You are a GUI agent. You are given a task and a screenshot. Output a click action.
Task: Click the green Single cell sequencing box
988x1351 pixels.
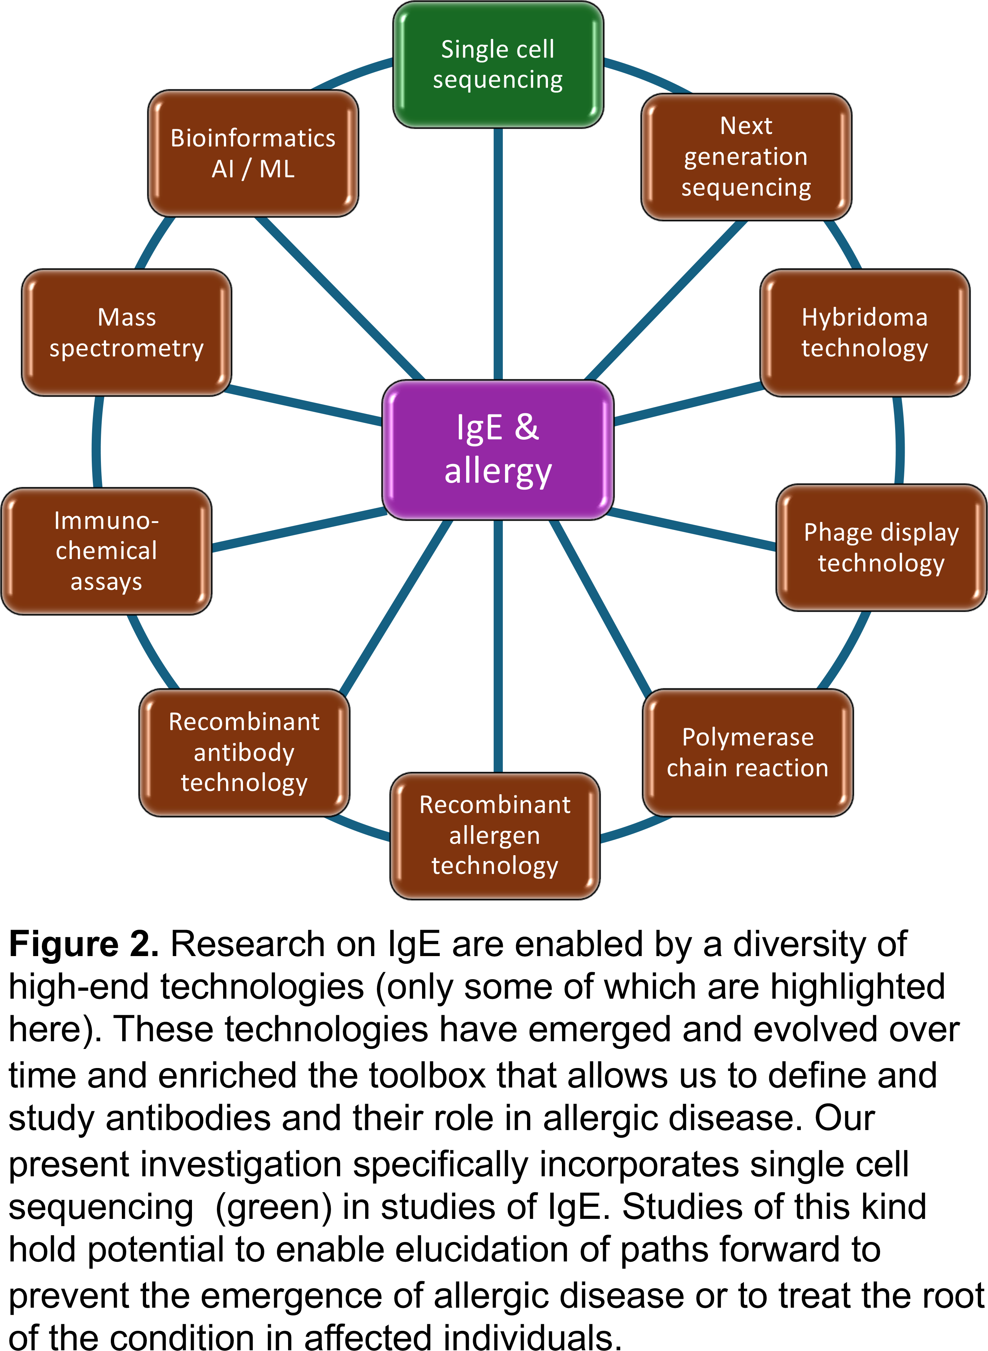(498, 65)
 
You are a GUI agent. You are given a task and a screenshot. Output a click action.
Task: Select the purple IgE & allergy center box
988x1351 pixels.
(498, 450)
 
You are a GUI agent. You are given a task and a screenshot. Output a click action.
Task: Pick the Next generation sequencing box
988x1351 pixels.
(746, 157)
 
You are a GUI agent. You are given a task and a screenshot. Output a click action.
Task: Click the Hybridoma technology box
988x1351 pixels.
(864, 333)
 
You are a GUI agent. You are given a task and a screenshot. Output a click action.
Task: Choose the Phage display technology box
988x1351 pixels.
(881, 547)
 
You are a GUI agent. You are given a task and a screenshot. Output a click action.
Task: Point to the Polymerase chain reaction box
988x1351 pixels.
(748, 752)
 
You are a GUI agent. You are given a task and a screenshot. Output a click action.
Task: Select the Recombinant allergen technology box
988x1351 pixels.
(495, 835)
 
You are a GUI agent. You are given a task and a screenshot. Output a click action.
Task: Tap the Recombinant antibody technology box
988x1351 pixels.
(244, 752)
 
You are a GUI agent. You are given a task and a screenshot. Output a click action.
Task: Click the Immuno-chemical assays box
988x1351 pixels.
(106, 551)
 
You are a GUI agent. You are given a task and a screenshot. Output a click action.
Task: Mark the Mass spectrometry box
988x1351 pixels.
(127, 333)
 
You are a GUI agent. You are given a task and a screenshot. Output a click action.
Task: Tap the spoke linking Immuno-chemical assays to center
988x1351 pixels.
(299, 529)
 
